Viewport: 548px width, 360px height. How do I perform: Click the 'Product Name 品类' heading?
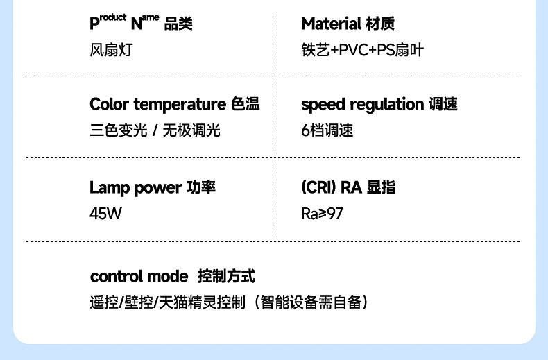(x=141, y=24)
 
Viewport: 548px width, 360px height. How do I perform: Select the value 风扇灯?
(x=110, y=50)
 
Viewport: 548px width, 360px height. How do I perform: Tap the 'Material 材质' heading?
(x=348, y=24)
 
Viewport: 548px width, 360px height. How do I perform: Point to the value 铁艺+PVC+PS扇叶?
(x=362, y=50)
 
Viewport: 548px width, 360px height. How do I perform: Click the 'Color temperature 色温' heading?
(x=174, y=105)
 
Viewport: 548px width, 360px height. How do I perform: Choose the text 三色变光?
(x=119, y=130)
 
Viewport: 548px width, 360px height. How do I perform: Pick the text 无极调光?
(x=191, y=130)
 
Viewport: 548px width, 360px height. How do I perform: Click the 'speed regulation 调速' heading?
(x=379, y=105)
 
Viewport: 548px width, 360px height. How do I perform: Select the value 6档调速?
(x=327, y=130)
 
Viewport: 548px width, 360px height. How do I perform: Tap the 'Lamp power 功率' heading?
(x=152, y=188)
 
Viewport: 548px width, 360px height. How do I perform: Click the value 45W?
(x=105, y=214)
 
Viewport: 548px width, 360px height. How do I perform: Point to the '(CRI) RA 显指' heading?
(x=348, y=188)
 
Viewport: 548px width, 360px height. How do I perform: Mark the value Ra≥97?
(x=322, y=214)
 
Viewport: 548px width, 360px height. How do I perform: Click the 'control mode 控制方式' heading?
(x=173, y=277)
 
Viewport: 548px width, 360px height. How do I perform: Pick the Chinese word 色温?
(x=245, y=105)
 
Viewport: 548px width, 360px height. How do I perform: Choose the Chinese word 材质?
(x=379, y=24)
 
